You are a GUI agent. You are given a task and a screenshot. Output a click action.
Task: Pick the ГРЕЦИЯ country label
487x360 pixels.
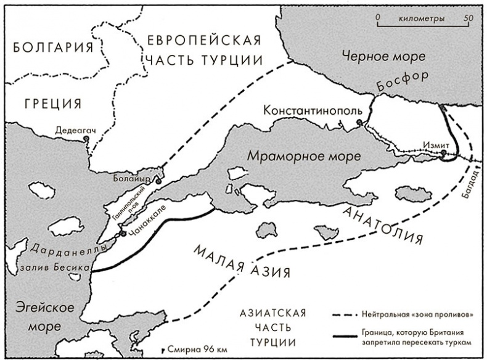click(54, 103)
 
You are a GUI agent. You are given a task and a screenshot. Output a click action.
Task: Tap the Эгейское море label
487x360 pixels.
click(41, 314)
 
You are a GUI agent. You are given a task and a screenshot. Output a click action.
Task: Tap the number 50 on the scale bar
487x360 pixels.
click(468, 18)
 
